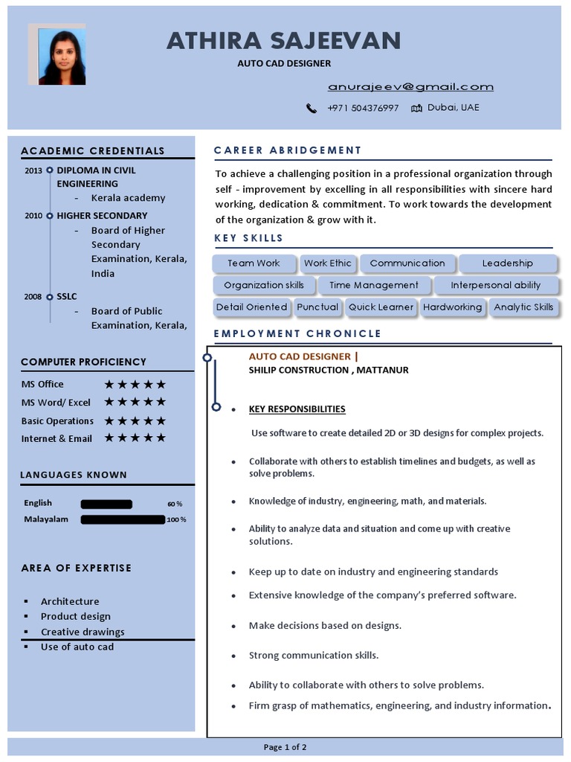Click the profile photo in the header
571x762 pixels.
[62, 57]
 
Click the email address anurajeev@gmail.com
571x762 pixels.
[410, 87]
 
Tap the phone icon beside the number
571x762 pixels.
[312, 108]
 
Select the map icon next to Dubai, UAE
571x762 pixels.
[416, 108]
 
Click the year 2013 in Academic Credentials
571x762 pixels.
[33, 170]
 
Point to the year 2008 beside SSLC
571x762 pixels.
[33, 296]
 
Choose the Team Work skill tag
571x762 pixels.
[254, 263]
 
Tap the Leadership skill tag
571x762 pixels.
[507, 263]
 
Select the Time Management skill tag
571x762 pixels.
[373, 285]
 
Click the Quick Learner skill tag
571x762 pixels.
[381, 307]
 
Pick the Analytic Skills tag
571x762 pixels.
[523, 307]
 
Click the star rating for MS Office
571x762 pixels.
[135, 385]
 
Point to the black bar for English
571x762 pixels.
[106, 504]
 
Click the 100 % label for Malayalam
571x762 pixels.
[176, 519]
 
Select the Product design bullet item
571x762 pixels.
[75, 616]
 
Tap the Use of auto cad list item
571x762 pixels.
[77, 647]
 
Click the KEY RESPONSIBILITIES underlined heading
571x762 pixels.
[297, 409]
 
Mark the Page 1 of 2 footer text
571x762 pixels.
[285, 747]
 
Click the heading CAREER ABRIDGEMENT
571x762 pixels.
[288, 150]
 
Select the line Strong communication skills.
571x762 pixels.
[313, 656]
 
